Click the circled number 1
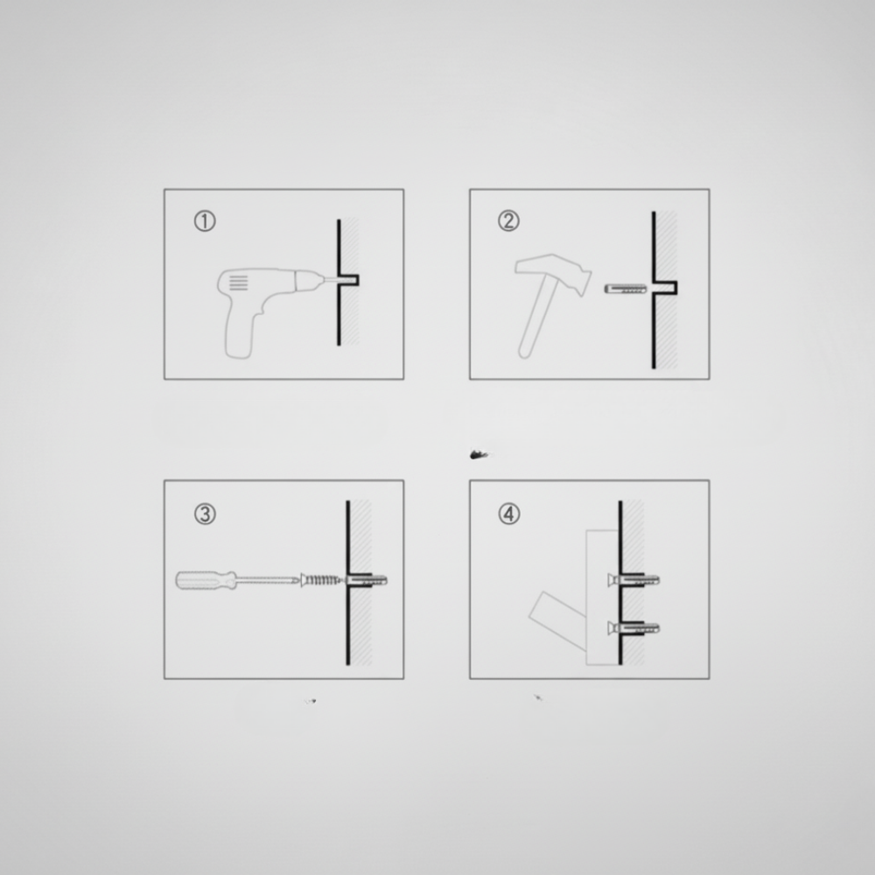point(205,221)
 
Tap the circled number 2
point(508,221)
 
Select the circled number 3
point(205,514)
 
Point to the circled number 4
point(508,514)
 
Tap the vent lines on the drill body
point(238,283)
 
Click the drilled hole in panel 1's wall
point(349,280)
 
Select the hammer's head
point(552,273)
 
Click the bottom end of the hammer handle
point(524,353)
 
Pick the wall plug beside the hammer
point(626,289)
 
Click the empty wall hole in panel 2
point(665,288)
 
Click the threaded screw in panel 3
point(321,580)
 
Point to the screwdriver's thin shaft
point(269,580)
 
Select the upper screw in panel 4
point(633,580)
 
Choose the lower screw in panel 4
point(633,629)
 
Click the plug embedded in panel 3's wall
point(367,580)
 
